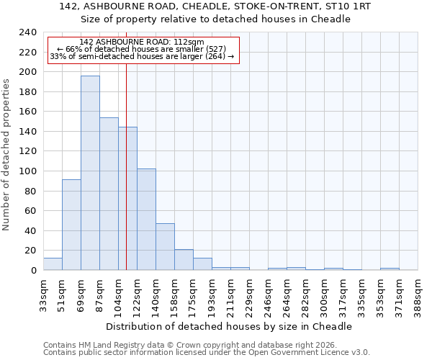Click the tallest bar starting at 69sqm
(90, 173)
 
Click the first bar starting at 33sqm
(53, 264)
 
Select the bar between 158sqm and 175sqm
(184, 260)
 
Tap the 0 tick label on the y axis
(33, 271)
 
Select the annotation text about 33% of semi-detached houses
(142, 56)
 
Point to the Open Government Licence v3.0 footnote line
(207, 352)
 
